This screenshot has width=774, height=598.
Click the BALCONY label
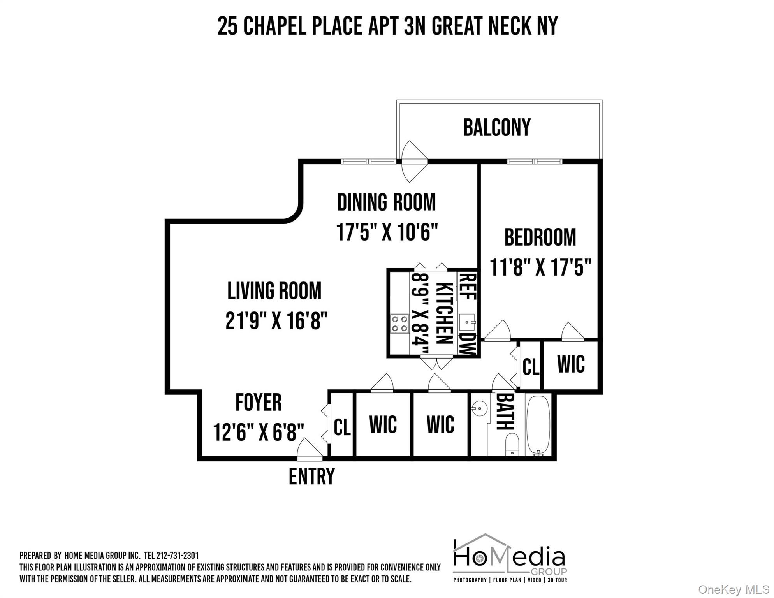(497, 128)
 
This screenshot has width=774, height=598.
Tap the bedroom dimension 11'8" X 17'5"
(540, 267)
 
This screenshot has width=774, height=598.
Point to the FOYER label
(258, 403)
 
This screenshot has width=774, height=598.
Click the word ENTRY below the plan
(311, 477)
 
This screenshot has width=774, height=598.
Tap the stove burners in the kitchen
(400, 324)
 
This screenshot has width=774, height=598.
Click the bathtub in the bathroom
(538, 425)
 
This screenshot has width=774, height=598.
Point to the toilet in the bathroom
(512, 445)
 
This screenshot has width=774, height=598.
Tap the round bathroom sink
(480, 409)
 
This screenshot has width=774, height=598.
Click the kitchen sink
(467, 322)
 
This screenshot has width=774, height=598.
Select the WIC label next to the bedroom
(571, 365)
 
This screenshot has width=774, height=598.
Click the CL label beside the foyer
(342, 427)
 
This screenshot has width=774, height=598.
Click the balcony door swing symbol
(414, 161)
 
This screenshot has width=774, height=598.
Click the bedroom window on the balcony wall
(535, 161)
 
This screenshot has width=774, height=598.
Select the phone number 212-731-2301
(177, 556)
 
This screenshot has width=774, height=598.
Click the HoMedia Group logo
(510, 558)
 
